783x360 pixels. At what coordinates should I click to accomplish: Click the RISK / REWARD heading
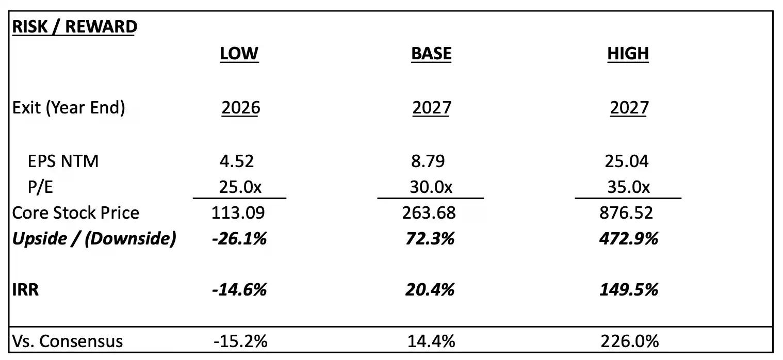74,27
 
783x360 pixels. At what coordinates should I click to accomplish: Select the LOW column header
239,54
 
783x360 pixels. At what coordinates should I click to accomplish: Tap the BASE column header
431,54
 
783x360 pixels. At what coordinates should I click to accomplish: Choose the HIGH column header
628,54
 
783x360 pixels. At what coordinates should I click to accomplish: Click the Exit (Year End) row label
69,108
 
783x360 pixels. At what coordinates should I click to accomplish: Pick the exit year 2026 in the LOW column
241,108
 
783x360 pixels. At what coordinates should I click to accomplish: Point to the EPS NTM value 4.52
237,161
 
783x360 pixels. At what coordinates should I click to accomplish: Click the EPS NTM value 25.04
627,161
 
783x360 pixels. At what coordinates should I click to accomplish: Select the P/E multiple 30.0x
432,187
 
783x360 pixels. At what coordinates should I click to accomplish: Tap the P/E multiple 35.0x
628,187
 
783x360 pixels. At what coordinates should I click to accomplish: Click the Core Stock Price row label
76,212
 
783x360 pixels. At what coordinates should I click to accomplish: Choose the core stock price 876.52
629,212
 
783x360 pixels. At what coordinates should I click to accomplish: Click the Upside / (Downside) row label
94,238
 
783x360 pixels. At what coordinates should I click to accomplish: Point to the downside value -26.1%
239,238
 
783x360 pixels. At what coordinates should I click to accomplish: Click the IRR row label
26,289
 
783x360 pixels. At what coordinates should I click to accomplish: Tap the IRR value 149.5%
629,289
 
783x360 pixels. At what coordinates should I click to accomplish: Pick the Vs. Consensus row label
68,341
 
